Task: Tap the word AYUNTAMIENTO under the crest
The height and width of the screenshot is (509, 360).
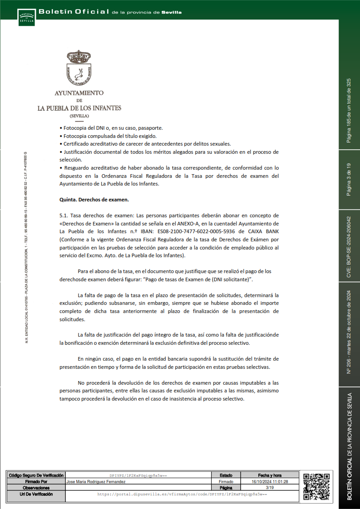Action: coord(79,93)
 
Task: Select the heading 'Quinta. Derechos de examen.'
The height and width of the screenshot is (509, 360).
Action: coord(94,200)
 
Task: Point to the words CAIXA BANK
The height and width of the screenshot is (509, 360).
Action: coord(264,231)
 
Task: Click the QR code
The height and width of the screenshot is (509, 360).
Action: coord(316,486)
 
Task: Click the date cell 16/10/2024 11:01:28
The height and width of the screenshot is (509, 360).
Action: coord(270,481)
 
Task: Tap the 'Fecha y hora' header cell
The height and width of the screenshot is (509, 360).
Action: coord(270,475)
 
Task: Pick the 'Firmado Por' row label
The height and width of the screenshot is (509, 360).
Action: coord(36,481)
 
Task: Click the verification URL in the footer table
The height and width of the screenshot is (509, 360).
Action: coord(182,494)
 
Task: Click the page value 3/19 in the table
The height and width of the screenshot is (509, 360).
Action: coord(270,487)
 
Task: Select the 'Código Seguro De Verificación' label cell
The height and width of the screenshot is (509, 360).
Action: coord(36,475)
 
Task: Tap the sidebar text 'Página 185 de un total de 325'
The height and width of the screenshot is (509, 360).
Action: coord(349,111)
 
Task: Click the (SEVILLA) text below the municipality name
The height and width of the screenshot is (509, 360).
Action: coord(79,116)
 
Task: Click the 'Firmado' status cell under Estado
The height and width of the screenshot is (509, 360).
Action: coord(226,481)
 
